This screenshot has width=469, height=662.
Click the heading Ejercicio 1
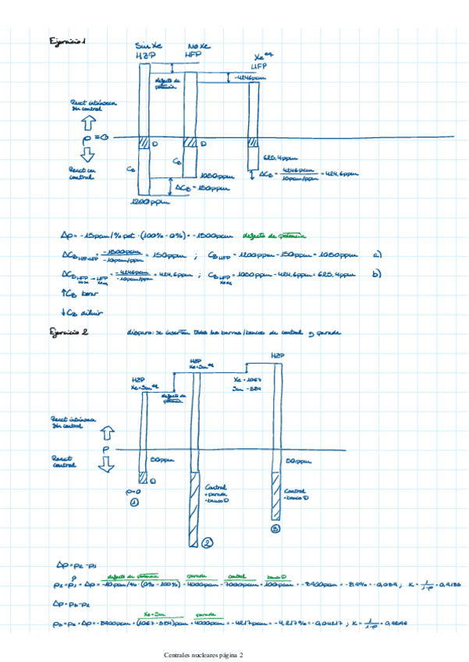pyautogui.click(x=67, y=40)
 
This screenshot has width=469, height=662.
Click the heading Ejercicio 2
pyautogui.click(x=68, y=333)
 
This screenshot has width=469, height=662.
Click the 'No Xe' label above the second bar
pyautogui.click(x=199, y=45)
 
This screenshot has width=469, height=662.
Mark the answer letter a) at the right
pyautogui.click(x=377, y=254)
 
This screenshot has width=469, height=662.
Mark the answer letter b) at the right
pyautogui.click(x=377, y=274)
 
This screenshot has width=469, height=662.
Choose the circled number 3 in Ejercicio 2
pyautogui.click(x=275, y=529)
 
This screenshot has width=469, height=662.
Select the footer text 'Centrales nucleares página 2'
pyautogui.click(x=204, y=654)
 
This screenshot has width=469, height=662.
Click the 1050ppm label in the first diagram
pyautogui.click(x=213, y=176)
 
